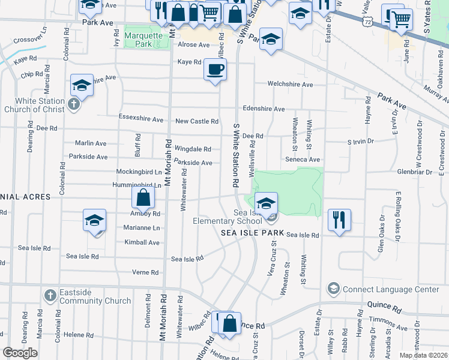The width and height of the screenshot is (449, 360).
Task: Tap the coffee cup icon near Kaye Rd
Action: click(x=214, y=70)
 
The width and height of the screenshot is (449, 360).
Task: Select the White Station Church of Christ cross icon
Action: click(x=73, y=105)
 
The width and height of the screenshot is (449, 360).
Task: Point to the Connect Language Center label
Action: click(x=391, y=289)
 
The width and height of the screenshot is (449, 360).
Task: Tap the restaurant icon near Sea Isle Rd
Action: click(x=339, y=220)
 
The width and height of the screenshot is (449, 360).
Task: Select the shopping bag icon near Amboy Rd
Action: click(x=143, y=197)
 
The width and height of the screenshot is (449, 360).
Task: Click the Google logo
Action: click(x=20, y=353)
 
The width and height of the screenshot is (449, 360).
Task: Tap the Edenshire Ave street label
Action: click(x=264, y=109)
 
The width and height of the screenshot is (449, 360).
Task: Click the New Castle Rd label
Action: click(x=196, y=121)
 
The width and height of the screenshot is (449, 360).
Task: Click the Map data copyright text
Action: click(x=423, y=355)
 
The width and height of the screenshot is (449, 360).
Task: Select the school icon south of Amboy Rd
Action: click(x=94, y=220)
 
